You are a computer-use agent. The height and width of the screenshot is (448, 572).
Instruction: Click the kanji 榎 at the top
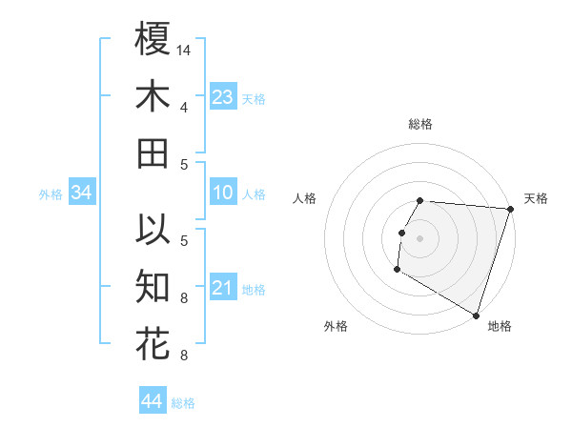click(153, 40)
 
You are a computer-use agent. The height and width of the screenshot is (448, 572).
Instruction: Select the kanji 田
click(153, 153)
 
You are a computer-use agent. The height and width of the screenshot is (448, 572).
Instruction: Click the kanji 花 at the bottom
click(153, 342)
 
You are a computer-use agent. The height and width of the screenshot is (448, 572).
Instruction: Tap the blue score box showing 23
click(223, 96)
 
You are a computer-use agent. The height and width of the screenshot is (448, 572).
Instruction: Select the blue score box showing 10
click(223, 193)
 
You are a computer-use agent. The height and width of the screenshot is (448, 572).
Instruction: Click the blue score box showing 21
click(223, 288)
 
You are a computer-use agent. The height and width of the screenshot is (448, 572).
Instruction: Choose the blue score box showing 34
click(82, 193)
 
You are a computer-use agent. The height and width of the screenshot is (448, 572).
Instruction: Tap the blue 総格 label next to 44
click(183, 403)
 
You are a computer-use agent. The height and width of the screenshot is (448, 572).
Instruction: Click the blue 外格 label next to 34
click(51, 194)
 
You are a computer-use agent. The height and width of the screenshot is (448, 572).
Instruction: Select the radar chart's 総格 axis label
click(420, 124)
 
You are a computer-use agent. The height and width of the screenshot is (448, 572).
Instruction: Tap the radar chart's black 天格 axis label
click(536, 198)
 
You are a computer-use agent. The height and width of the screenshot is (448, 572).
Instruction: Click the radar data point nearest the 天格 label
click(510, 209)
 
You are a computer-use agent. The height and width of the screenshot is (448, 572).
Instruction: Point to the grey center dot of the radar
click(419, 238)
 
